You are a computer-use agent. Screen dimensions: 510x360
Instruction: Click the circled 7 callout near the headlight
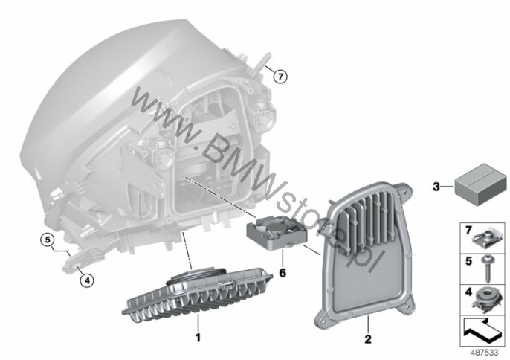pyautogui.click(x=280, y=77)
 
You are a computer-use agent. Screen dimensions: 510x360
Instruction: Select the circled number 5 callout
pyautogui.click(x=48, y=240)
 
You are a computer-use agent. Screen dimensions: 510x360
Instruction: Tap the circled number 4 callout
pyautogui.click(x=86, y=280)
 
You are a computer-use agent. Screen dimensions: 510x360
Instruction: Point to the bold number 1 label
pyautogui.click(x=198, y=338)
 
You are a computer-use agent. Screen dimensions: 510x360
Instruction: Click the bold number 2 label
pyautogui.click(x=368, y=339)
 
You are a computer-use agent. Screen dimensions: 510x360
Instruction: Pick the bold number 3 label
pyautogui.click(x=436, y=187)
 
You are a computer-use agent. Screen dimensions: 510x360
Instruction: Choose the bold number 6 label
pyautogui.click(x=283, y=273)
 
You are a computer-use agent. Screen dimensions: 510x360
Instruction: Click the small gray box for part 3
pyautogui.click(x=480, y=184)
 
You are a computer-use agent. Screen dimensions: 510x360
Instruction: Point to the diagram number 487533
pyautogui.click(x=485, y=353)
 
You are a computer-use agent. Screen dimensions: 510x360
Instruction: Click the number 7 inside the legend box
pyautogui.click(x=468, y=231)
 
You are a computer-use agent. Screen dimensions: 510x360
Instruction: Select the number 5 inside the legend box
pyautogui.click(x=468, y=261)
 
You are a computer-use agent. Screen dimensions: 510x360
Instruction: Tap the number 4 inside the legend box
pyautogui.click(x=468, y=292)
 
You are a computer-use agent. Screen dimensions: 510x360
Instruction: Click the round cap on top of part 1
pyautogui.click(x=196, y=277)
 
